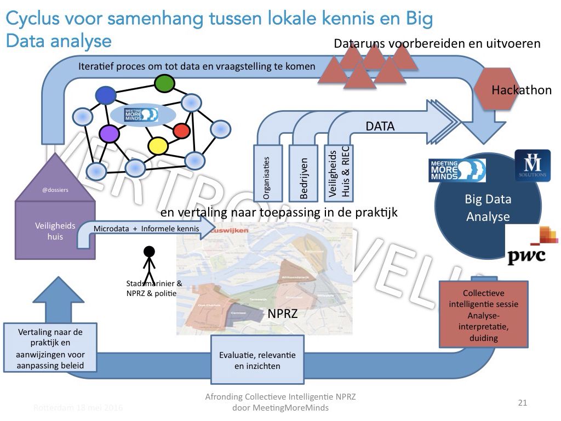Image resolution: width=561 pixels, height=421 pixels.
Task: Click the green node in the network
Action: pyautogui.click(x=164, y=83)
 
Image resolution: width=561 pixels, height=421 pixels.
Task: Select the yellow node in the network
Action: pyautogui.click(x=158, y=145)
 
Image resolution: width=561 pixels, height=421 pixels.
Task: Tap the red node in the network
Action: pyautogui.click(x=181, y=131)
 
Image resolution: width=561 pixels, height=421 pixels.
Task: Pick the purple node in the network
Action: pyautogui.click(x=109, y=134)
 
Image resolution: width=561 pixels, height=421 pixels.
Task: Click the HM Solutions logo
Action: pyautogui.click(x=532, y=165)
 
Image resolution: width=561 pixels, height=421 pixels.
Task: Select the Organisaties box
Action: pyautogui.click(x=268, y=173)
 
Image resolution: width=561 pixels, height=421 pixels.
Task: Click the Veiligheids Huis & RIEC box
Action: pyautogui.click(x=340, y=173)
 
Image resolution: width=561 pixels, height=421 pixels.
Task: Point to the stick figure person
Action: pyautogui.click(x=148, y=266)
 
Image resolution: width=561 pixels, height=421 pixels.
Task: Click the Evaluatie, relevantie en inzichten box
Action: pyautogui.click(x=257, y=360)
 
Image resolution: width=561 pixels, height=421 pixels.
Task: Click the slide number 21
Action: pyautogui.click(x=522, y=403)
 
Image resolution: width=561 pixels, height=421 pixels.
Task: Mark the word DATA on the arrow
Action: pyautogui.click(x=380, y=127)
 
